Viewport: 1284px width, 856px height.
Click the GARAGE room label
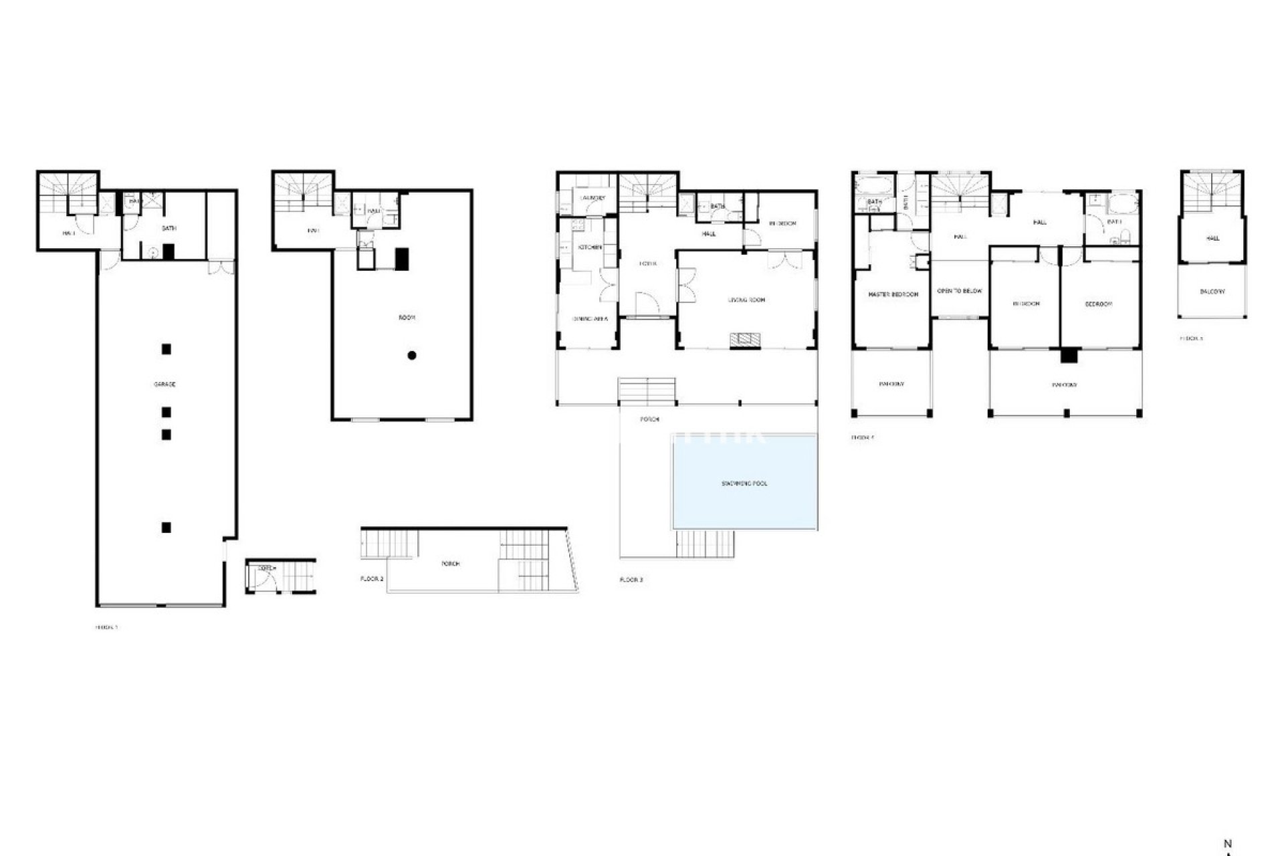pos(165,385)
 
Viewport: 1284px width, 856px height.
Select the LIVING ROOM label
pos(746,300)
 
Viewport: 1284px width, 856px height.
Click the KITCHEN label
pos(590,247)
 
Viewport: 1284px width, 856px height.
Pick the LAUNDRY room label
pos(593,198)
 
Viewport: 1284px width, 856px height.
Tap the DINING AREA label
pos(589,319)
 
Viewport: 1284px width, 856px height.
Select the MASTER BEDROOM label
pos(893,294)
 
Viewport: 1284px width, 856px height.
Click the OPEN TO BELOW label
pos(960,291)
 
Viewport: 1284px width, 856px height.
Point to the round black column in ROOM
pos(412,355)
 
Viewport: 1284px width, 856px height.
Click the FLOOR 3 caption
pos(631,580)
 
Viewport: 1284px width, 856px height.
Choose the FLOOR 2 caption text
pos(372,579)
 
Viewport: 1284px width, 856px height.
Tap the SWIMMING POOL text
pos(744,484)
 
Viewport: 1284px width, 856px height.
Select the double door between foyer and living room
pos(686,286)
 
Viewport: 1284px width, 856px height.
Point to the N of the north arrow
pos(1227,844)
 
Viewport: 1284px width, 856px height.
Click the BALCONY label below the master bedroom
pos(892,385)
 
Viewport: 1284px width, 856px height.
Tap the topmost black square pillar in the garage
pos(167,348)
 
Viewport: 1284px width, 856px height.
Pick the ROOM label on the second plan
pos(407,318)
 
